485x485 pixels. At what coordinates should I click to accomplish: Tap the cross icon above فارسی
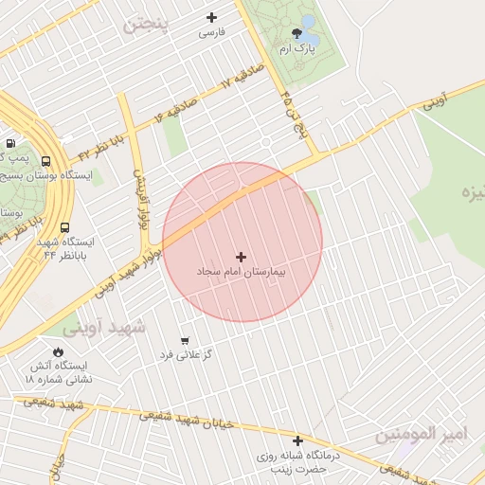211,17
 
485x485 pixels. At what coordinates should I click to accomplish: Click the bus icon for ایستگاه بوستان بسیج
46,161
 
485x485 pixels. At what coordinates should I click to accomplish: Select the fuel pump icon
11,142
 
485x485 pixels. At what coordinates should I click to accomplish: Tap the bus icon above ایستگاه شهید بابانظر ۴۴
64,227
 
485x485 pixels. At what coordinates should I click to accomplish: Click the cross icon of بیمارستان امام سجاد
241,257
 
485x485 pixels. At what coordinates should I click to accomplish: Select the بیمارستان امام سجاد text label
241,272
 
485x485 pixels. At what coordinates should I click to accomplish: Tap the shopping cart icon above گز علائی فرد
184,340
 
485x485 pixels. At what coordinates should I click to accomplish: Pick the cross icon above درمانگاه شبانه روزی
297,440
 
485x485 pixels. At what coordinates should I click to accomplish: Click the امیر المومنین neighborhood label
422,435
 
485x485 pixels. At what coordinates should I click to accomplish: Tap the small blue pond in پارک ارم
308,22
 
